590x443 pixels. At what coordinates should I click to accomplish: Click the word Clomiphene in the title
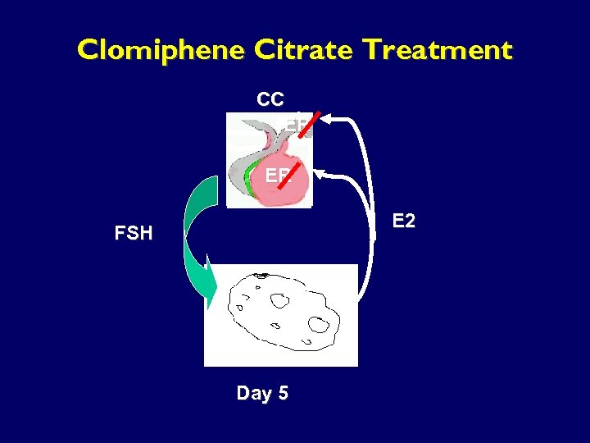coord(161,51)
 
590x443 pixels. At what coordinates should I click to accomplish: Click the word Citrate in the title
coord(305,51)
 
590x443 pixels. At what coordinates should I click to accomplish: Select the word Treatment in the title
coord(438,51)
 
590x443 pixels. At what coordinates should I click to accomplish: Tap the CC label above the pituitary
coord(270,100)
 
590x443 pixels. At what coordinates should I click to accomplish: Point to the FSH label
coord(134,233)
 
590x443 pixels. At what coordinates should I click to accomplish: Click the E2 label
coord(404,221)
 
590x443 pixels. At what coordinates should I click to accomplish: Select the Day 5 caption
coord(262,393)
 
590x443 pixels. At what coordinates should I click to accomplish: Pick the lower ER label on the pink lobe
coord(277,175)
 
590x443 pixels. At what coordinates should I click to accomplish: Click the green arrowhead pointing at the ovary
coord(211,284)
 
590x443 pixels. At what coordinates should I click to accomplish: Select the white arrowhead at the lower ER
coord(320,173)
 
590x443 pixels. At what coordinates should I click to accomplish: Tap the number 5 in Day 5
coord(283,393)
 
